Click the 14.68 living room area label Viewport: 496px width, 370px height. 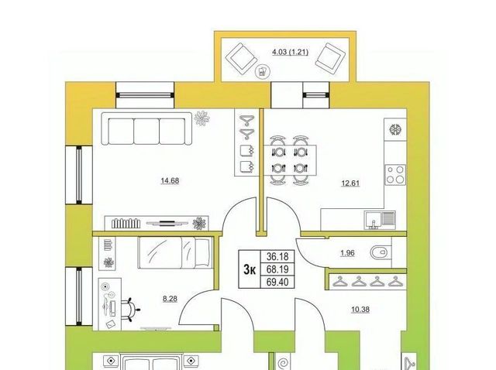170,180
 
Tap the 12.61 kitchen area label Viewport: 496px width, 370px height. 350,183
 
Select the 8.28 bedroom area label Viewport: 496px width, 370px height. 170,299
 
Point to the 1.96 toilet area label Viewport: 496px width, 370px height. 347,253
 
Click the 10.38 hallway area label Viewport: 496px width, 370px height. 360,310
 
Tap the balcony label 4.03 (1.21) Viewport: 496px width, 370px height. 290,52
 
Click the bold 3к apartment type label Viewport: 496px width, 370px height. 250,269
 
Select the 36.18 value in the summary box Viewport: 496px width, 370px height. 277,256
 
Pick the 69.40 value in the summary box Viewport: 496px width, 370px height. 277,282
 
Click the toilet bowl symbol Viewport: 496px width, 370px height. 379,252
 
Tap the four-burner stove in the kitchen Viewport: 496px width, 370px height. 395,174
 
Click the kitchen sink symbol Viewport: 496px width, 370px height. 380,220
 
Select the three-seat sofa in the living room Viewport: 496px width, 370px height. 146,129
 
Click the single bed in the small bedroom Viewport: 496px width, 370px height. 174,253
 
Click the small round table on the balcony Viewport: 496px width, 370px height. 263,72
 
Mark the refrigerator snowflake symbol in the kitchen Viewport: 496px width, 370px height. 395,129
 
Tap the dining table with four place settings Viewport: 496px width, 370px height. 290,160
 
